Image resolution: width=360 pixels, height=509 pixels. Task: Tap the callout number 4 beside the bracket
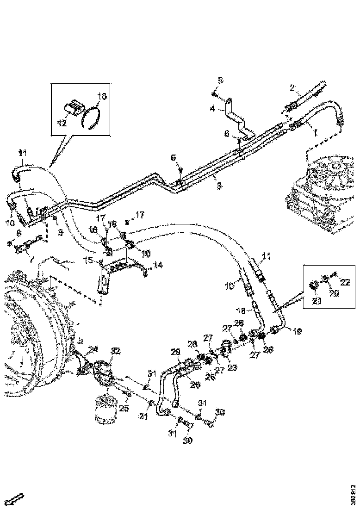(x=212, y=109)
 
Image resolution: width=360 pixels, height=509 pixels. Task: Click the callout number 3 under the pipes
(x=219, y=186)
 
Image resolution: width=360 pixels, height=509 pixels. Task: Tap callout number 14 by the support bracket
(x=158, y=265)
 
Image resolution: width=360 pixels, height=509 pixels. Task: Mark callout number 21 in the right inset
(x=316, y=302)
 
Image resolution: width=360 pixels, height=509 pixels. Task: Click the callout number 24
(x=93, y=349)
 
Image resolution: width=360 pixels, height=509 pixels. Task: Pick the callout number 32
(x=115, y=352)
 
